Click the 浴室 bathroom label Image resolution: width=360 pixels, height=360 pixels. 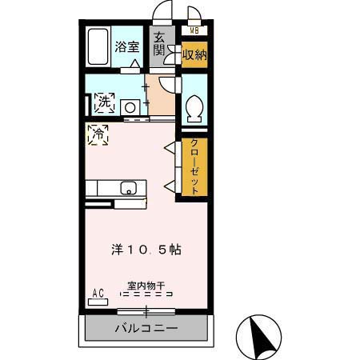click(126, 46)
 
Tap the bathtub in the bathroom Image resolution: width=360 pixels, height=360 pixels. click(98, 48)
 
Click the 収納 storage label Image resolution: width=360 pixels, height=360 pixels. click(194, 54)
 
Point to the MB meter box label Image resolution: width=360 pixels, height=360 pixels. click(194, 31)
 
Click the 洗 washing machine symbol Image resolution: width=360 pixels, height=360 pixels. click(103, 103)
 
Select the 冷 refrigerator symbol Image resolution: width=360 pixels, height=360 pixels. click(99, 133)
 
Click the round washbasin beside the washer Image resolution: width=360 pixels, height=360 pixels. click(130, 106)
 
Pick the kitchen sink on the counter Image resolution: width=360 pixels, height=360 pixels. click(128, 189)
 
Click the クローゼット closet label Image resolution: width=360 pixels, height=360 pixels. click(194, 167)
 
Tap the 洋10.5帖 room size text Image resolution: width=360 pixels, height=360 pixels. click(146, 249)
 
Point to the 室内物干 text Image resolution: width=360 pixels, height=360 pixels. click(146, 284)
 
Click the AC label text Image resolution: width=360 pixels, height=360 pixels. click(99, 293)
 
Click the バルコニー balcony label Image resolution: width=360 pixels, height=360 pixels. click(146, 328)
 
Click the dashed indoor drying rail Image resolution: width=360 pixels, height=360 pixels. click(146, 294)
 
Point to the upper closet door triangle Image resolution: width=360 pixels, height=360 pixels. click(169, 147)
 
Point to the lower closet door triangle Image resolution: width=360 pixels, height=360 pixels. click(169, 186)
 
